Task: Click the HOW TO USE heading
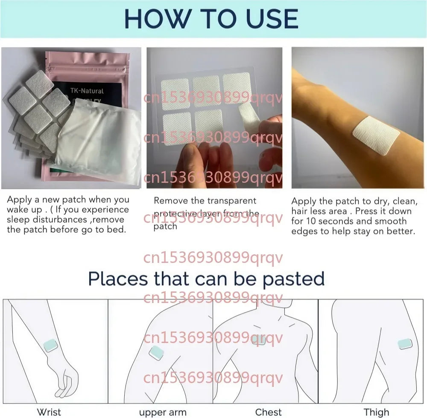point(211,18)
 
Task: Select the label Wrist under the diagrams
point(49,412)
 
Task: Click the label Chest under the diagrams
point(268,412)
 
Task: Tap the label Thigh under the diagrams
point(376,412)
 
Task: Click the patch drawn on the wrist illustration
point(50,345)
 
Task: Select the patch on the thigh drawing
point(404,344)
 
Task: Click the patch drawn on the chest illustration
point(259,340)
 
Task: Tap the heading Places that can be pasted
point(206,279)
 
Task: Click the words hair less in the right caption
point(310,211)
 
